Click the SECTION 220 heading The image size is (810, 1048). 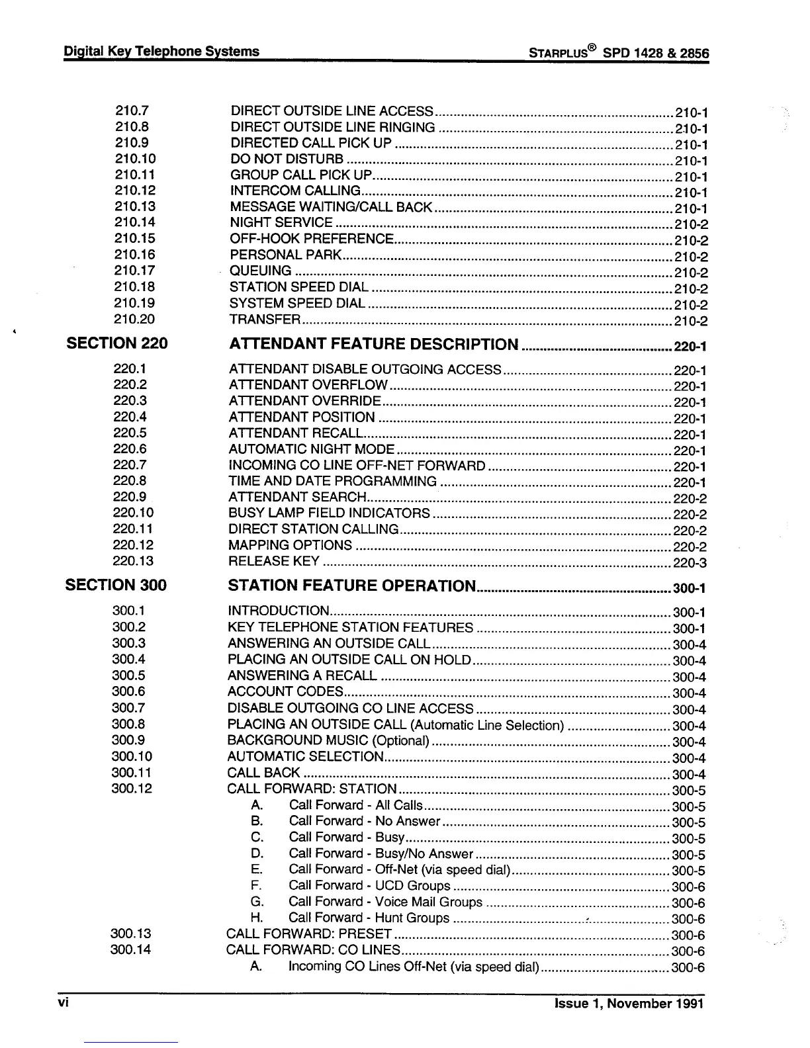117,343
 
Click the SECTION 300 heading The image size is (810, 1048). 116,585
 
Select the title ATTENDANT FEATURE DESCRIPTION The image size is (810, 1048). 373,345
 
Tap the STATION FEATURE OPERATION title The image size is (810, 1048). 351,586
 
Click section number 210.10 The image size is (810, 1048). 135,159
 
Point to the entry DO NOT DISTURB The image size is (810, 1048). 287,159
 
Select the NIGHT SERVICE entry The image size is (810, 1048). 281,223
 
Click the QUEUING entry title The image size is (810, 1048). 260,271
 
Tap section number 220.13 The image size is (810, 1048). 134,561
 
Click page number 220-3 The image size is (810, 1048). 690,564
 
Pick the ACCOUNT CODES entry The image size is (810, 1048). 285,692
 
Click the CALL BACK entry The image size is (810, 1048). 263,773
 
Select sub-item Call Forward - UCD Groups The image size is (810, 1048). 369,886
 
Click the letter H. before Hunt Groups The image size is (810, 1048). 257,918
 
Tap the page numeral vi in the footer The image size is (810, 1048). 64,1002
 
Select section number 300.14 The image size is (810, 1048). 132,950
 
